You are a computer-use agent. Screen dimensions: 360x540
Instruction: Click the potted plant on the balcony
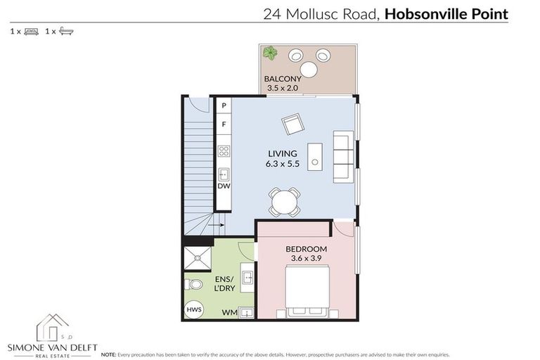point(270,53)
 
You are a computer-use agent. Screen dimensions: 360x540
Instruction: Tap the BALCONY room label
point(283,79)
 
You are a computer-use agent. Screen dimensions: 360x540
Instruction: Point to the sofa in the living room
point(344,156)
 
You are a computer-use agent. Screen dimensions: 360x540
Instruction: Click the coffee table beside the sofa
point(315,155)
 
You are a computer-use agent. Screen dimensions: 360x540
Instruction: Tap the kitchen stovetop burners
point(224,150)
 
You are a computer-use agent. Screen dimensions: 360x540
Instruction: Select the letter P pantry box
point(224,105)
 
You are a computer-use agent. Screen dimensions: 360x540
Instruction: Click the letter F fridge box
point(224,124)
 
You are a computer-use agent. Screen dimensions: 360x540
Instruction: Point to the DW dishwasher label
point(223,186)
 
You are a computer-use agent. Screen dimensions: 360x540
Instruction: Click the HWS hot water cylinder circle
point(191,310)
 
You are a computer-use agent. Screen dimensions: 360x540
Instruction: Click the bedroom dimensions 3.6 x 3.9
point(306,259)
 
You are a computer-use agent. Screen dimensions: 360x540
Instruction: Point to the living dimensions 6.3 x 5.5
point(282,163)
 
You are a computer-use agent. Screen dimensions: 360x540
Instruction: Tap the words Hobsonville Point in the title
point(447,13)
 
